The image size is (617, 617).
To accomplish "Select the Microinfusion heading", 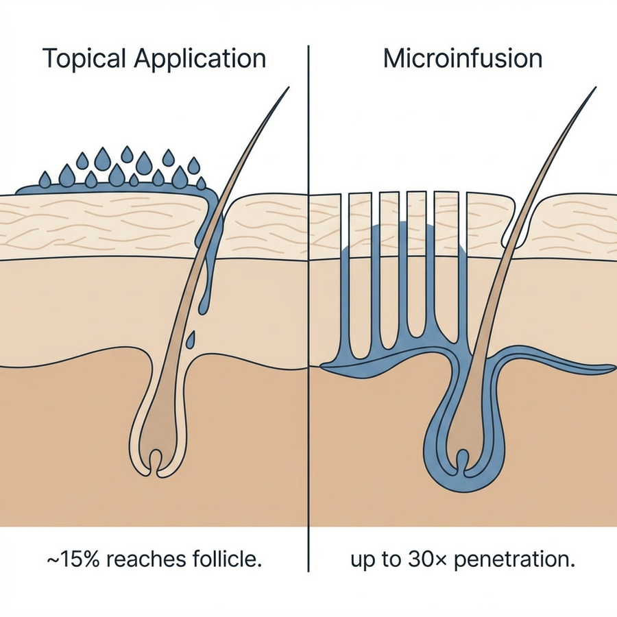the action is (463, 59).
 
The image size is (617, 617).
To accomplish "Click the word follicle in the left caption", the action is (233, 559).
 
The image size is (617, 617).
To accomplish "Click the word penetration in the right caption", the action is (514, 560).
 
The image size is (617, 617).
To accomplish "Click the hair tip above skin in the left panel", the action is (289, 88).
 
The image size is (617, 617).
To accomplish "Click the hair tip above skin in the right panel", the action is (595, 88).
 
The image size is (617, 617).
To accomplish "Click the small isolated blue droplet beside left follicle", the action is (191, 339).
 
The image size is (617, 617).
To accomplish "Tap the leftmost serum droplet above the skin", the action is (45, 180).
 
